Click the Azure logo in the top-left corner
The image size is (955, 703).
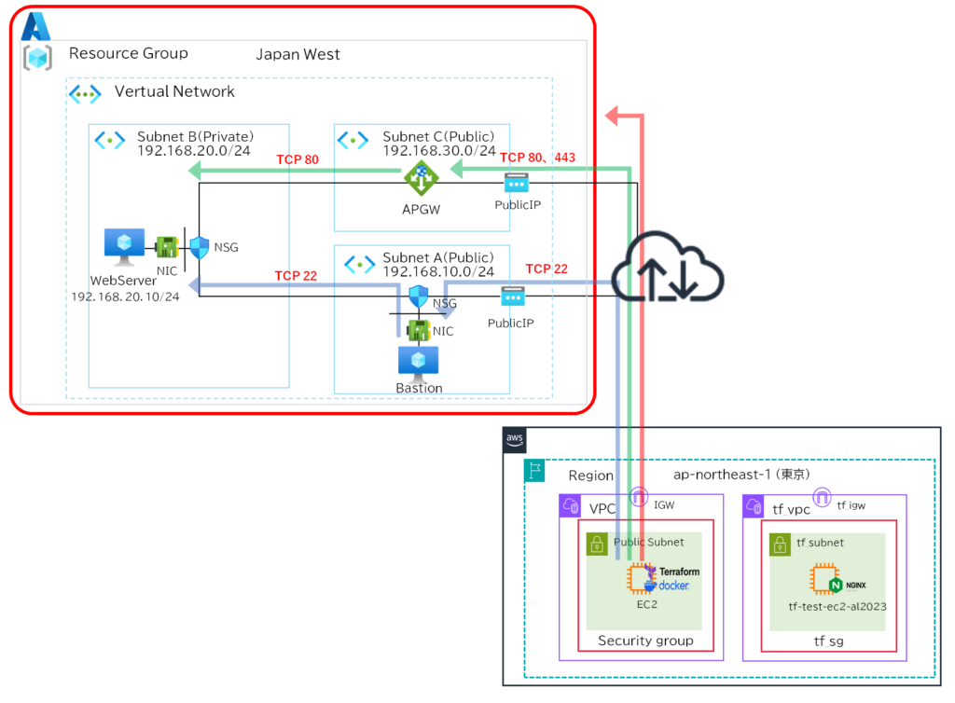click(x=35, y=26)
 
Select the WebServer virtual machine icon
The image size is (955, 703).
click(x=124, y=246)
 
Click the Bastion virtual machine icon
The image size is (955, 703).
click(x=419, y=360)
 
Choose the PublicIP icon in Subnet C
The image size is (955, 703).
click(x=516, y=184)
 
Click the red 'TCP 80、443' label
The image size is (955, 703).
click(x=537, y=158)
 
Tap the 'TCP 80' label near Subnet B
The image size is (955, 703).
click(x=298, y=159)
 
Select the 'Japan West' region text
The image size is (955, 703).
click(x=298, y=54)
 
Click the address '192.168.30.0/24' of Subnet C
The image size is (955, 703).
click(x=438, y=150)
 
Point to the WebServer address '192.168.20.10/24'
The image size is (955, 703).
click(x=125, y=296)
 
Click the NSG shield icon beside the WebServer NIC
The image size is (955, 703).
click(x=200, y=247)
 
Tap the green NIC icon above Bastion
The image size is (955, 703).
click(x=418, y=329)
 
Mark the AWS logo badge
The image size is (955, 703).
click(x=516, y=438)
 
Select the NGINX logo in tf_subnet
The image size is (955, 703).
click(x=836, y=586)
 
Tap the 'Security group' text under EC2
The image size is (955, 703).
click(x=645, y=641)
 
